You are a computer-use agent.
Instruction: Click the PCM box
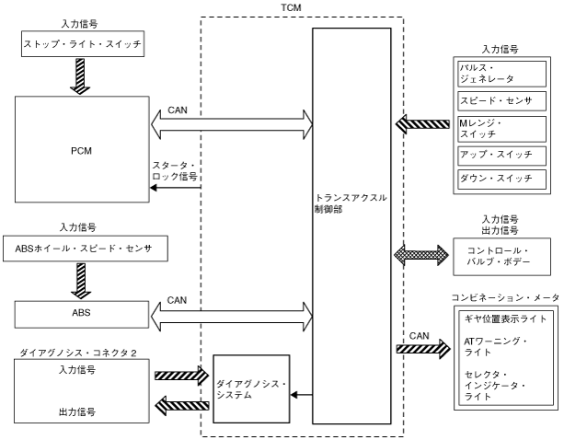click(x=79, y=148)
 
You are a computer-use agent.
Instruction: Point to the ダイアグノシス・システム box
click(x=251, y=388)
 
